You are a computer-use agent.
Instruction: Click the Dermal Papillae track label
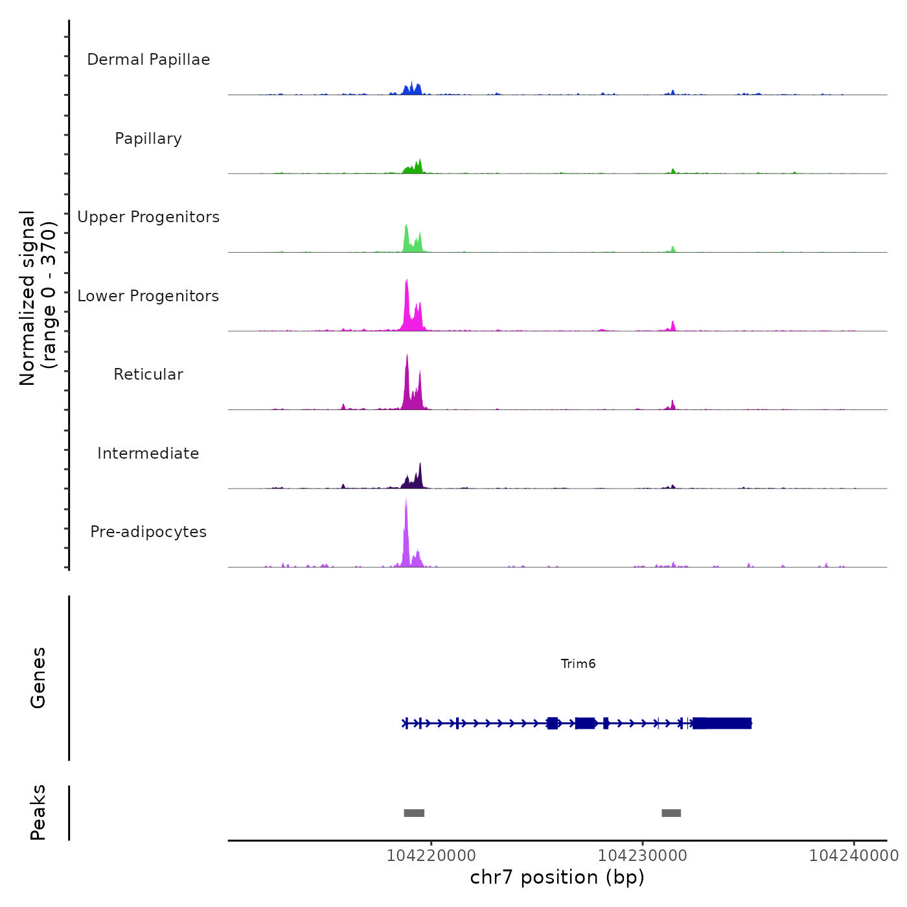point(148,60)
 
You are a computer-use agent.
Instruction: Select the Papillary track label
point(148,139)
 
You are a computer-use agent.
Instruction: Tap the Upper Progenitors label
point(148,217)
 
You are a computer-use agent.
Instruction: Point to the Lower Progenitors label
point(148,296)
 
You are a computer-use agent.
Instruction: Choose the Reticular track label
point(148,374)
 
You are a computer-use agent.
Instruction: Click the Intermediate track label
point(148,454)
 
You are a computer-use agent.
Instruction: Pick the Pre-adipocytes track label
point(148,532)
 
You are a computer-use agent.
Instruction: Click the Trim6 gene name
point(578,663)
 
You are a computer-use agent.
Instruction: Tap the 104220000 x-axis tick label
point(431,856)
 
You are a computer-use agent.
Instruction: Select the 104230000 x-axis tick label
point(642,856)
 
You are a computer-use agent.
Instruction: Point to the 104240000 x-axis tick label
point(853,856)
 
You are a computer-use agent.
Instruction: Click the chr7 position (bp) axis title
point(557,877)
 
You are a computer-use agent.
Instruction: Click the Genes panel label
point(38,677)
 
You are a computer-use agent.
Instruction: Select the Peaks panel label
point(38,812)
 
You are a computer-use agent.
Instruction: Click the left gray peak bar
point(414,813)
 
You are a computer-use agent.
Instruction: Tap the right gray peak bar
point(671,813)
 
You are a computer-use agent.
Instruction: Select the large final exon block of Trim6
point(722,723)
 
